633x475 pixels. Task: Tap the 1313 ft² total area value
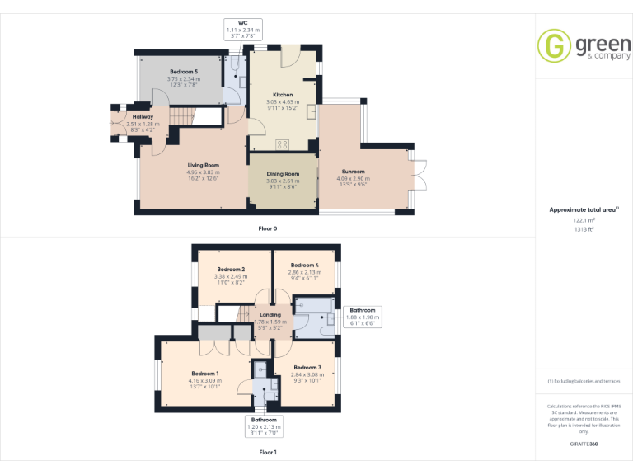click(584, 229)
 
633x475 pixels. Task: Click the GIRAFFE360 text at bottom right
click(584, 444)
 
